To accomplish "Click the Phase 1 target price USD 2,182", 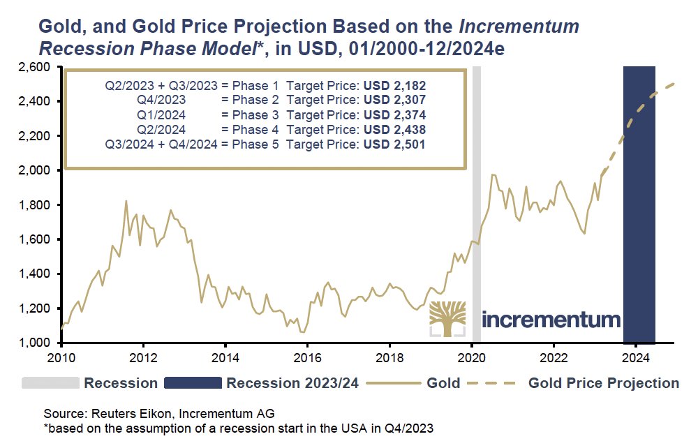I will tap(393, 86).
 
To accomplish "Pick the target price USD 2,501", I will tap(393, 144).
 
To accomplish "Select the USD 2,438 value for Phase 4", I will tap(393, 130).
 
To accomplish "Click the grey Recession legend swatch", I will tap(50, 383).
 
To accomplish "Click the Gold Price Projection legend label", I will tap(604, 383).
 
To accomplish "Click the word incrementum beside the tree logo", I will tap(551, 320).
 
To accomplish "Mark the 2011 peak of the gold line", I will tap(126, 201).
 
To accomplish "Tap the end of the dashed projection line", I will tap(674, 84).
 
